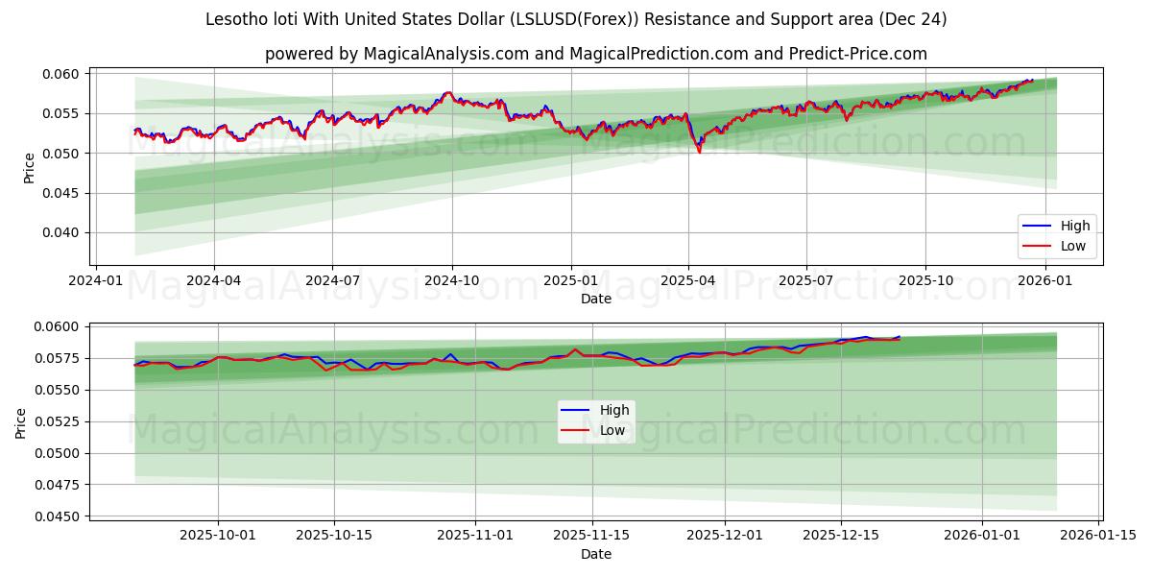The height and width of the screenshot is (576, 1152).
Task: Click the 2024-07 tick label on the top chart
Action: (x=332, y=280)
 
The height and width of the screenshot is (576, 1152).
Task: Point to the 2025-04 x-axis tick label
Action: (x=688, y=280)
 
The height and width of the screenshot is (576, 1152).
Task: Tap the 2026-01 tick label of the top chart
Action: (x=1044, y=280)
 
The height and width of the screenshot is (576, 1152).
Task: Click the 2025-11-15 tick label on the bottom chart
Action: (x=592, y=535)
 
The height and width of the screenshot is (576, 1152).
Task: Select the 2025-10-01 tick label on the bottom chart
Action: (x=217, y=535)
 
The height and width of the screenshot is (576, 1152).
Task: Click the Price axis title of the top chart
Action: (x=29, y=168)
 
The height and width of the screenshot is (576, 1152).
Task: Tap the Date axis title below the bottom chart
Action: (x=596, y=554)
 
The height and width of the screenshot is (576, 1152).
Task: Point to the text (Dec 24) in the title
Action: (x=917, y=19)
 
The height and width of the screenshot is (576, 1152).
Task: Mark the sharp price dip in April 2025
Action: (x=699, y=151)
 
